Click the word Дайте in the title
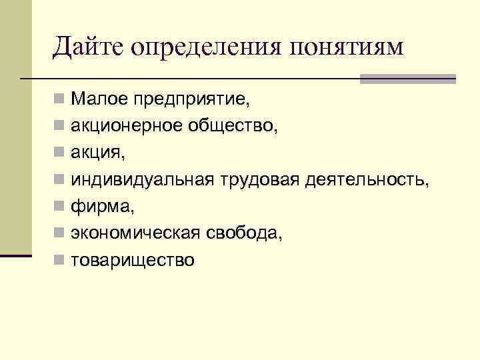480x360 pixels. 89,47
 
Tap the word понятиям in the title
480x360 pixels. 347,48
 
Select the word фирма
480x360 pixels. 103,207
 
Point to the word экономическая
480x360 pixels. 136,233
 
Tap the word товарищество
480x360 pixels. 133,260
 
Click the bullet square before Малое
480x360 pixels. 59,101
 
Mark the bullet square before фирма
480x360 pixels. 59,207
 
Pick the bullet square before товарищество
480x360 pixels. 59,260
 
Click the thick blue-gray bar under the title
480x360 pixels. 407,79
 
